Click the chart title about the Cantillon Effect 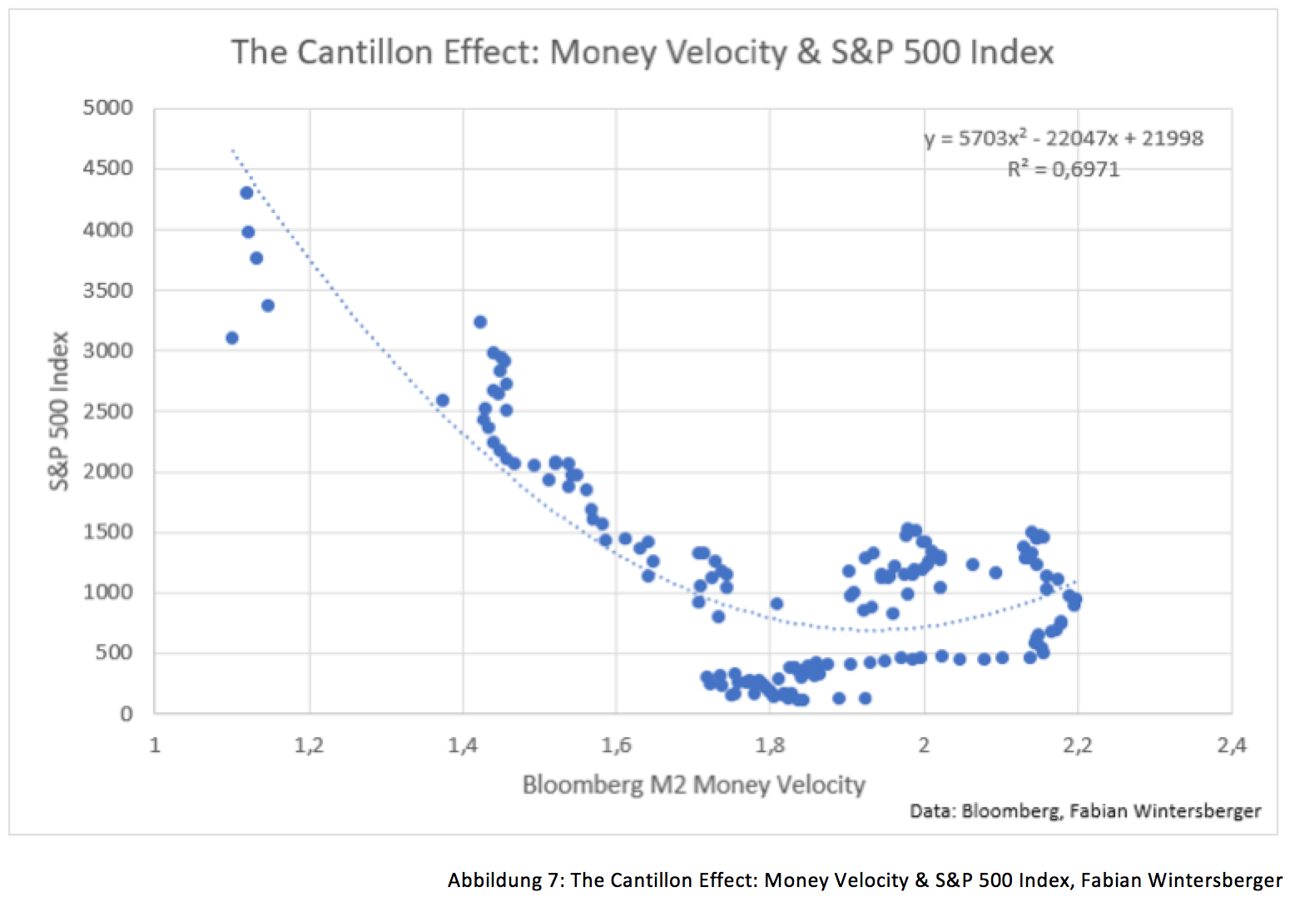pos(642,52)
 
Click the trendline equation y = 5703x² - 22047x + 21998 pos(1064,138)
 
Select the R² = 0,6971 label pos(1063,170)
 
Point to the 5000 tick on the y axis pos(108,108)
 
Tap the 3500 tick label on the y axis pos(108,290)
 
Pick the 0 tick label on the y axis pos(126,714)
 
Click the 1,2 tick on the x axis pos(309,746)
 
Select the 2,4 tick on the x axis pos(1231,746)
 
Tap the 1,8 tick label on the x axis pos(770,746)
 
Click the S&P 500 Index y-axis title pos(59,411)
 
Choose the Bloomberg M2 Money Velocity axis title pos(693,785)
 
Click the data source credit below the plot pos(1085,810)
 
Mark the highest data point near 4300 pos(246,193)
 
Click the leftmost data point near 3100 pos(232,338)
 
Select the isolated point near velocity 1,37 pos(443,400)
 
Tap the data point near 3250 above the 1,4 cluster pos(480,322)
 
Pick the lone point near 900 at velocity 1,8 pos(777,603)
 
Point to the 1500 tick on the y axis pos(108,533)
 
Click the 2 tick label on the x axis pos(924,746)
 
